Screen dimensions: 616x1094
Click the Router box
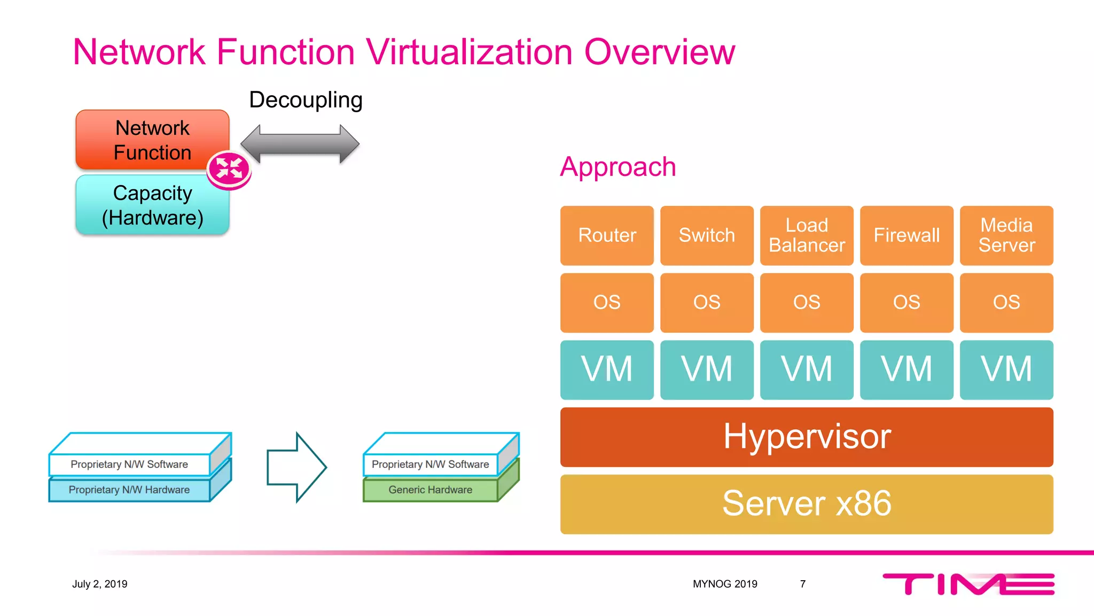coord(607,235)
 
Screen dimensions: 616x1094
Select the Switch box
coord(707,235)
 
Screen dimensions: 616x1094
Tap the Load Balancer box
coord(807,235)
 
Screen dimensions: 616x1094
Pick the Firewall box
coord(907,235)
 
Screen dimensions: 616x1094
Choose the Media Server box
coord(1006,235)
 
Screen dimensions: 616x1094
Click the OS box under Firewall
coord(907,303)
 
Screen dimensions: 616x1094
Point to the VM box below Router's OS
coord(607,369)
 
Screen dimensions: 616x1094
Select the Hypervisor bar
coord(807,437)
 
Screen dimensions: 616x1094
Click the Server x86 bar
coord(807,504)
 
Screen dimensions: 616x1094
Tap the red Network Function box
coord(152,140)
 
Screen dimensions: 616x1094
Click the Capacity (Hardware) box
coord(152,205)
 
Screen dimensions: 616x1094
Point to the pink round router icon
coord(229,170)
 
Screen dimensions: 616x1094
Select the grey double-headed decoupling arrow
coord(300,144)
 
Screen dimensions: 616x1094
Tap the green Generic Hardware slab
coord(431,490)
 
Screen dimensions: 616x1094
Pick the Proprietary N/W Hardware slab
coord(129,490)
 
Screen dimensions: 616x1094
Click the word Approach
coord(618,167)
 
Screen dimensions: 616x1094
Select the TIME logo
coord(968,584)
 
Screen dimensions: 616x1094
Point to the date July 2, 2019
coord(100,584)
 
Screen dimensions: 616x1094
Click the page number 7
coord(802,584)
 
